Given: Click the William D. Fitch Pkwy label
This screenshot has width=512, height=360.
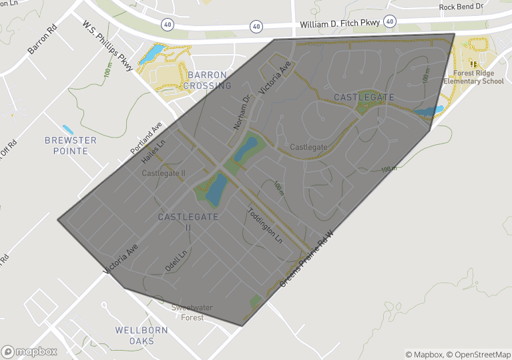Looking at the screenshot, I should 340,23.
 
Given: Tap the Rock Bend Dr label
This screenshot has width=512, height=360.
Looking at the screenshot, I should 461,7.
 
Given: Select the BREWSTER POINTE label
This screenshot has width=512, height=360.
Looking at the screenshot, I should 71,146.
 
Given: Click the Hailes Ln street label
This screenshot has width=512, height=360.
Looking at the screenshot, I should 154,153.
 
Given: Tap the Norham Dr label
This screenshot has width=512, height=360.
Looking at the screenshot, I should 241,112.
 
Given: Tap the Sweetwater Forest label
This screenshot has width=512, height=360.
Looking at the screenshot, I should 188,313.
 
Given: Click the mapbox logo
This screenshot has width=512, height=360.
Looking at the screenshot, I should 29,351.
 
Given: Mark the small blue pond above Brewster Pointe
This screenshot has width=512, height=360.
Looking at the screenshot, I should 67,129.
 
